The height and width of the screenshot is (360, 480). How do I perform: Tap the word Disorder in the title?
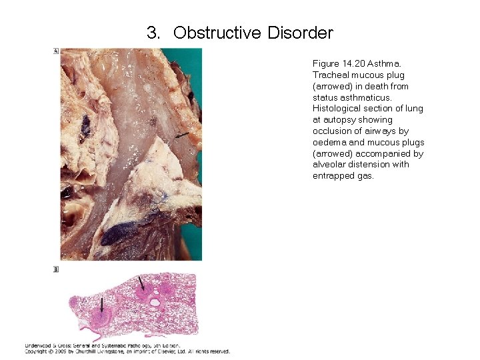pos(300,33)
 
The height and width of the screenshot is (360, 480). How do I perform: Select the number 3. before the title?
pos(153,33)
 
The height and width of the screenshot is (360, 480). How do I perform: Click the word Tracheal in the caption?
pos(330,75)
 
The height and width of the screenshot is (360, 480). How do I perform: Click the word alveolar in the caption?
pos(328,165)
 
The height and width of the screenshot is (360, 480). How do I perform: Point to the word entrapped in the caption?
pos(331,176)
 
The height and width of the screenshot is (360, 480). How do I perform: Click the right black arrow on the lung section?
pos(141,283)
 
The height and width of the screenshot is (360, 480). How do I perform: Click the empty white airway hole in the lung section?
pos(155,303)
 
